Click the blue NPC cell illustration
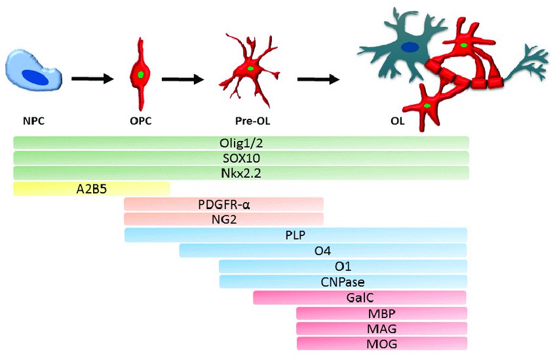34,73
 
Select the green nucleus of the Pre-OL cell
250,69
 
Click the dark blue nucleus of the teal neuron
410,47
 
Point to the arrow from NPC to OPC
92,79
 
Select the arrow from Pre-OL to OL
318,79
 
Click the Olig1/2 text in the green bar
240,142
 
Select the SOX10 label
240,158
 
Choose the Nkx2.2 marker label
240,173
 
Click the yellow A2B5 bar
91,189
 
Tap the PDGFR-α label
223,204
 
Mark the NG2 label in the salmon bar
223,219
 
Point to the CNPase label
342,282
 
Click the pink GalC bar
360,298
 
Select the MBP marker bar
382,313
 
